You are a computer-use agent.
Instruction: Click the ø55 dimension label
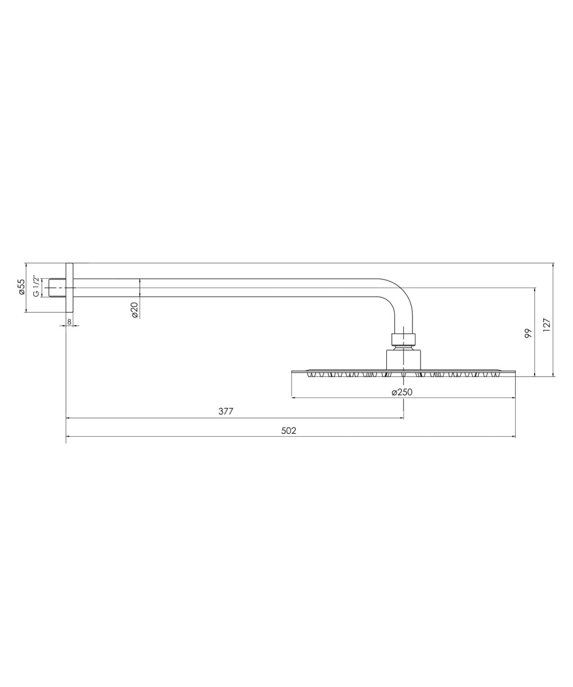tap(21, 287)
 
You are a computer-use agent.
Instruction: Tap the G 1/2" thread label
tap(36, 287)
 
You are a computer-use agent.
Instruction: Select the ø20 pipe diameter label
tap(134, 310)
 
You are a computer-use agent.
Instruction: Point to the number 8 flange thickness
tap(69, 322)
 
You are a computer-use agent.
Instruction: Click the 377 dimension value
tap(226, 411)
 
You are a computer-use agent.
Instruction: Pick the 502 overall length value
tap(288, 431)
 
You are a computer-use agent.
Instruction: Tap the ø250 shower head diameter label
tap(402, 392)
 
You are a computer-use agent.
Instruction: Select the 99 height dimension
tap(528, 333)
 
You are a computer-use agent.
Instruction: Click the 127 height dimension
tap(546, 325)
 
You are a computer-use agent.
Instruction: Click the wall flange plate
tap(69, 287)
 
